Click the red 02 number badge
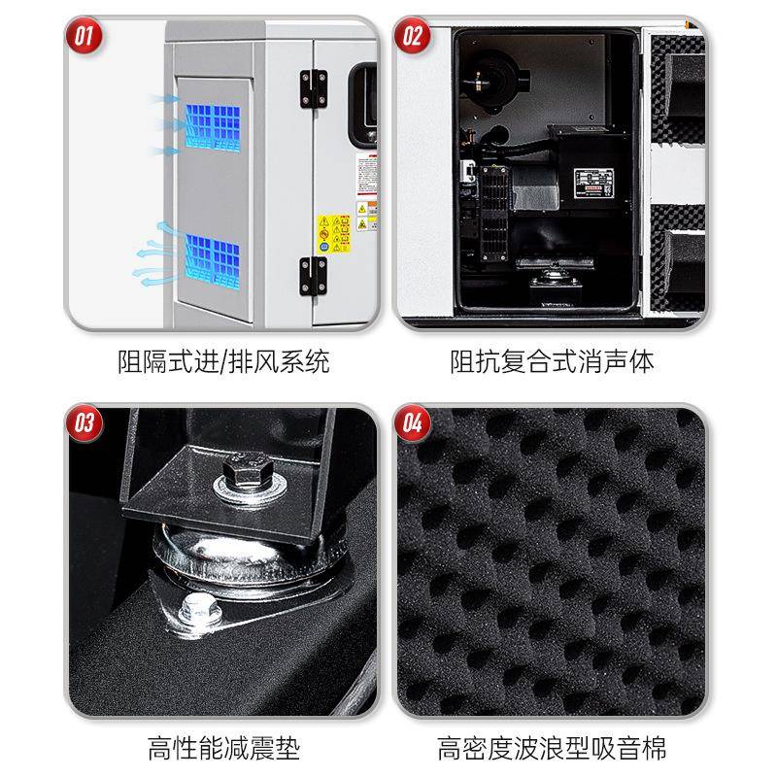pos(413,38)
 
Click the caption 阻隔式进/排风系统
pos(222,362)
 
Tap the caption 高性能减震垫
pos(223,749)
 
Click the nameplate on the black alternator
pos(595,181)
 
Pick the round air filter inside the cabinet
pos(490,77)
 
